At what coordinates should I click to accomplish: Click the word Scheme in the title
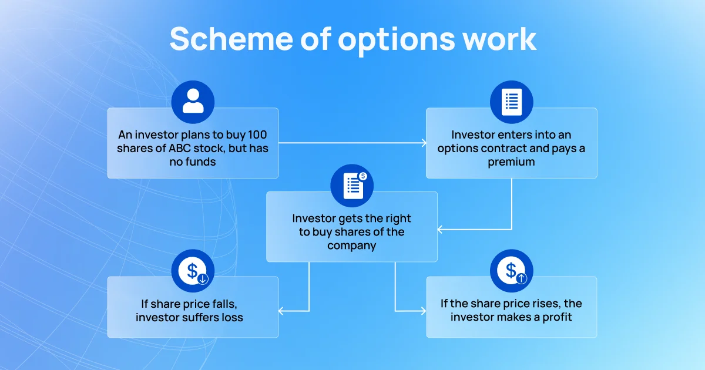click(x=231, y=39)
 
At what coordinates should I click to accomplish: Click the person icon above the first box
click(x=193, y=102)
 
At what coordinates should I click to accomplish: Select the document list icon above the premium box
click(x=512, y=102)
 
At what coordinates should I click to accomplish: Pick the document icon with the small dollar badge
click(x=352, y=186)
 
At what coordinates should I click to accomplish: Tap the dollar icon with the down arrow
click(x=193, y=271)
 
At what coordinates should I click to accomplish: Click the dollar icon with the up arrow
click(x=512, y=271)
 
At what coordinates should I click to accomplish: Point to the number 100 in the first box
click(x=257, y=134)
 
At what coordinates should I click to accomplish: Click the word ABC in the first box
click(x=179, y=148)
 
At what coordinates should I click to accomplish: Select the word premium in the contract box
click(x=511, y=162)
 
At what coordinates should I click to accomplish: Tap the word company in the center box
click(x=351, y=245)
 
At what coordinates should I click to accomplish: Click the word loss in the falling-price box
click(x=232, y=317)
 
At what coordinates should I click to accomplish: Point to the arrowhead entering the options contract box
click(x=424, y=143)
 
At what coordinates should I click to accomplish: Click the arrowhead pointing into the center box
click(x=440, y=230)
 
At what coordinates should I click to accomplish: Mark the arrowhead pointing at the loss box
click(x=281, y=311)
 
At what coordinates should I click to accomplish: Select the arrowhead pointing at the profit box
click(x=424, y=311)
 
